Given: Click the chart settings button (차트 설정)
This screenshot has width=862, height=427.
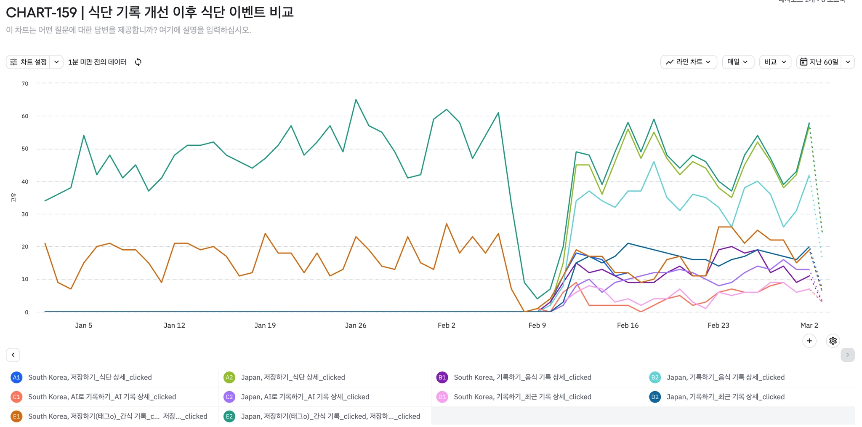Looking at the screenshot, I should pyautogui.click(x=29, y=62).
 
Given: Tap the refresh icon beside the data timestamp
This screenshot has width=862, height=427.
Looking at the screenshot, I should pyautogui.click(x=138, y=62).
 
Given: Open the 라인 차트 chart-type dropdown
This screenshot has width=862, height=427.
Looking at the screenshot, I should pyautogui.click(x=689, y=62).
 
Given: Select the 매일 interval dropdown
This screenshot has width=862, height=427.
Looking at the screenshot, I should pyautogui.click(x=737, y=62).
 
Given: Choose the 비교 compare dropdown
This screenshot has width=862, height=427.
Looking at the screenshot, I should pyautogui.click(x=775, y=62).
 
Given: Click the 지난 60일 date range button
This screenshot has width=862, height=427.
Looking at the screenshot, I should pyautogui.click(x=819, y=62).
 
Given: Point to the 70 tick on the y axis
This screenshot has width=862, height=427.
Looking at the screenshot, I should pyautogui.click(x=25, y=83).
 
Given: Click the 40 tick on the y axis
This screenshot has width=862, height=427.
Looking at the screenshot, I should pyautogui.click(x=25, y=181).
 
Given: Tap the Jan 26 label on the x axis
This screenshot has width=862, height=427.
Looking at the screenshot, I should pyautogui.click(x=356, y=325).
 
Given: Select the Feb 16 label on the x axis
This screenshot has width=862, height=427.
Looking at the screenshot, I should pyautogui.click(x=628, y=325).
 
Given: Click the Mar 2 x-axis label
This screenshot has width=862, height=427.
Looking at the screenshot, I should pyautogui.click(x=809, y=325).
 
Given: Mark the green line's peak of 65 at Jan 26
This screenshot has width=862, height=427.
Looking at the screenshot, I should pyautogui.click(x=356, y=100).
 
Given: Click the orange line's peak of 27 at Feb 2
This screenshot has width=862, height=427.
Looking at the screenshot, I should pyautogui.click(x=447, y=224).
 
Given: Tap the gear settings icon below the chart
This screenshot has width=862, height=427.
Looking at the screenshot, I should pyautogui.click(x=833, y=341).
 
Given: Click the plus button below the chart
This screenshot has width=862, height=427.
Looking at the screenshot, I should pyautogui.click(x=809, y=341).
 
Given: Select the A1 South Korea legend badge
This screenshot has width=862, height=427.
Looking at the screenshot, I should pyautogui.click(x=16, y=377).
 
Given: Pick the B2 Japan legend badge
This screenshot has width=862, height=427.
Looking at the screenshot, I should pyautogui.click(x=654, y=377).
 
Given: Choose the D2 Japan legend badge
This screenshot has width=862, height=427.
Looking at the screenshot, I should pyautogui.click(x=654, y=397).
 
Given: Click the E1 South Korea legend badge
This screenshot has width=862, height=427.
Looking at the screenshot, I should pyautogui.click(x=16, y=416).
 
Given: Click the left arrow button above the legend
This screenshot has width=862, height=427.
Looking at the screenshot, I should pyautogui.click(x=13, y=355).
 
